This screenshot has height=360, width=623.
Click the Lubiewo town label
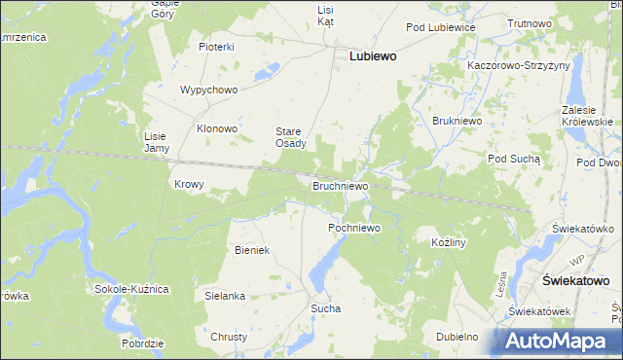click(x=372, y=56)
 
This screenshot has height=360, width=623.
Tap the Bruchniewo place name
click(x=340, y=185)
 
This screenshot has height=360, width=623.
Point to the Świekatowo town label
click(x=574, y=280)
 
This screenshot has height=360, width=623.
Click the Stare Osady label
click(x=290, y=137)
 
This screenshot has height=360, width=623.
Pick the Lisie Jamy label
click(x=157, y=142)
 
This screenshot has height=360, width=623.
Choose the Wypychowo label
click(x=208, y=90)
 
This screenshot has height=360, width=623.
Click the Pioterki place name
click(x=217, y=47)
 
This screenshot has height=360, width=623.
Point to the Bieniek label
click(x=251, y=250)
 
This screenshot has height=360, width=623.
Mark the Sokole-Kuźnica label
click(x=132, y=289)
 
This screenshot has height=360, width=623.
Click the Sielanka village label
click(x=224, y=295)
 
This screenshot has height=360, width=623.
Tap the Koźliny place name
click(x=450, y=239)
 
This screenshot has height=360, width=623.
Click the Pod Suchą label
click(x=512, y=158)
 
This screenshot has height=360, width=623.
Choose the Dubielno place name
click(x=457, y=337)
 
